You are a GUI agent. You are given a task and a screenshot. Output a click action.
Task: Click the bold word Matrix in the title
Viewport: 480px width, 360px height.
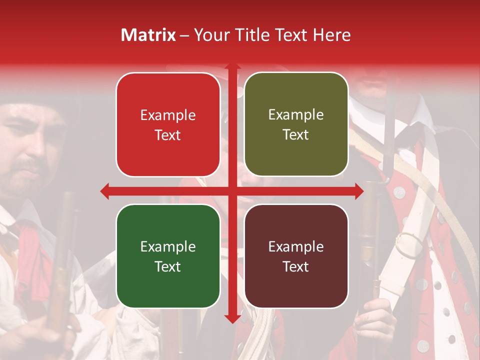tap(148, 35)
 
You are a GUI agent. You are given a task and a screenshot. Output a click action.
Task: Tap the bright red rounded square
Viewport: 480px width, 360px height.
tap(168, 124)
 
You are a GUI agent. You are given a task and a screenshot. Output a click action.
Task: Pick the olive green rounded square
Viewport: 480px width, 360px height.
tap(296, 124)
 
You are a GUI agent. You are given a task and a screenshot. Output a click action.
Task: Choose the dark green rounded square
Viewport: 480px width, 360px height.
tap(168, 256)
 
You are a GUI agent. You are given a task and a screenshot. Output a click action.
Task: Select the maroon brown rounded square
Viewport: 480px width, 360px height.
tap(296, 256)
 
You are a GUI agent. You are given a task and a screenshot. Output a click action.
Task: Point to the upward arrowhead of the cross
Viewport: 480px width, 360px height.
tap(232, 66)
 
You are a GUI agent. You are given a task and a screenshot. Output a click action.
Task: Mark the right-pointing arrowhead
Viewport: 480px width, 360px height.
tap(358, 191)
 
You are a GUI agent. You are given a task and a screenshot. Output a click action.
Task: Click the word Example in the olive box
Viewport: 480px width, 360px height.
tap(296, 115)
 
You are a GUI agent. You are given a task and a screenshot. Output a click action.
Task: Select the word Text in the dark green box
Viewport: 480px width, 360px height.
tap(168, 266)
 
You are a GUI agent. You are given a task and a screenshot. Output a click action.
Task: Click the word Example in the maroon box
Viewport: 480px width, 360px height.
tap(296, 246)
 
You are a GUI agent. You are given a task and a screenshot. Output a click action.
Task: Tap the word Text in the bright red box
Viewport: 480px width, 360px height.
tap(168, 135)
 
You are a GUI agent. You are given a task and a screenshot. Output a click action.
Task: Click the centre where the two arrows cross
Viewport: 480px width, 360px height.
tap(232, 191)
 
